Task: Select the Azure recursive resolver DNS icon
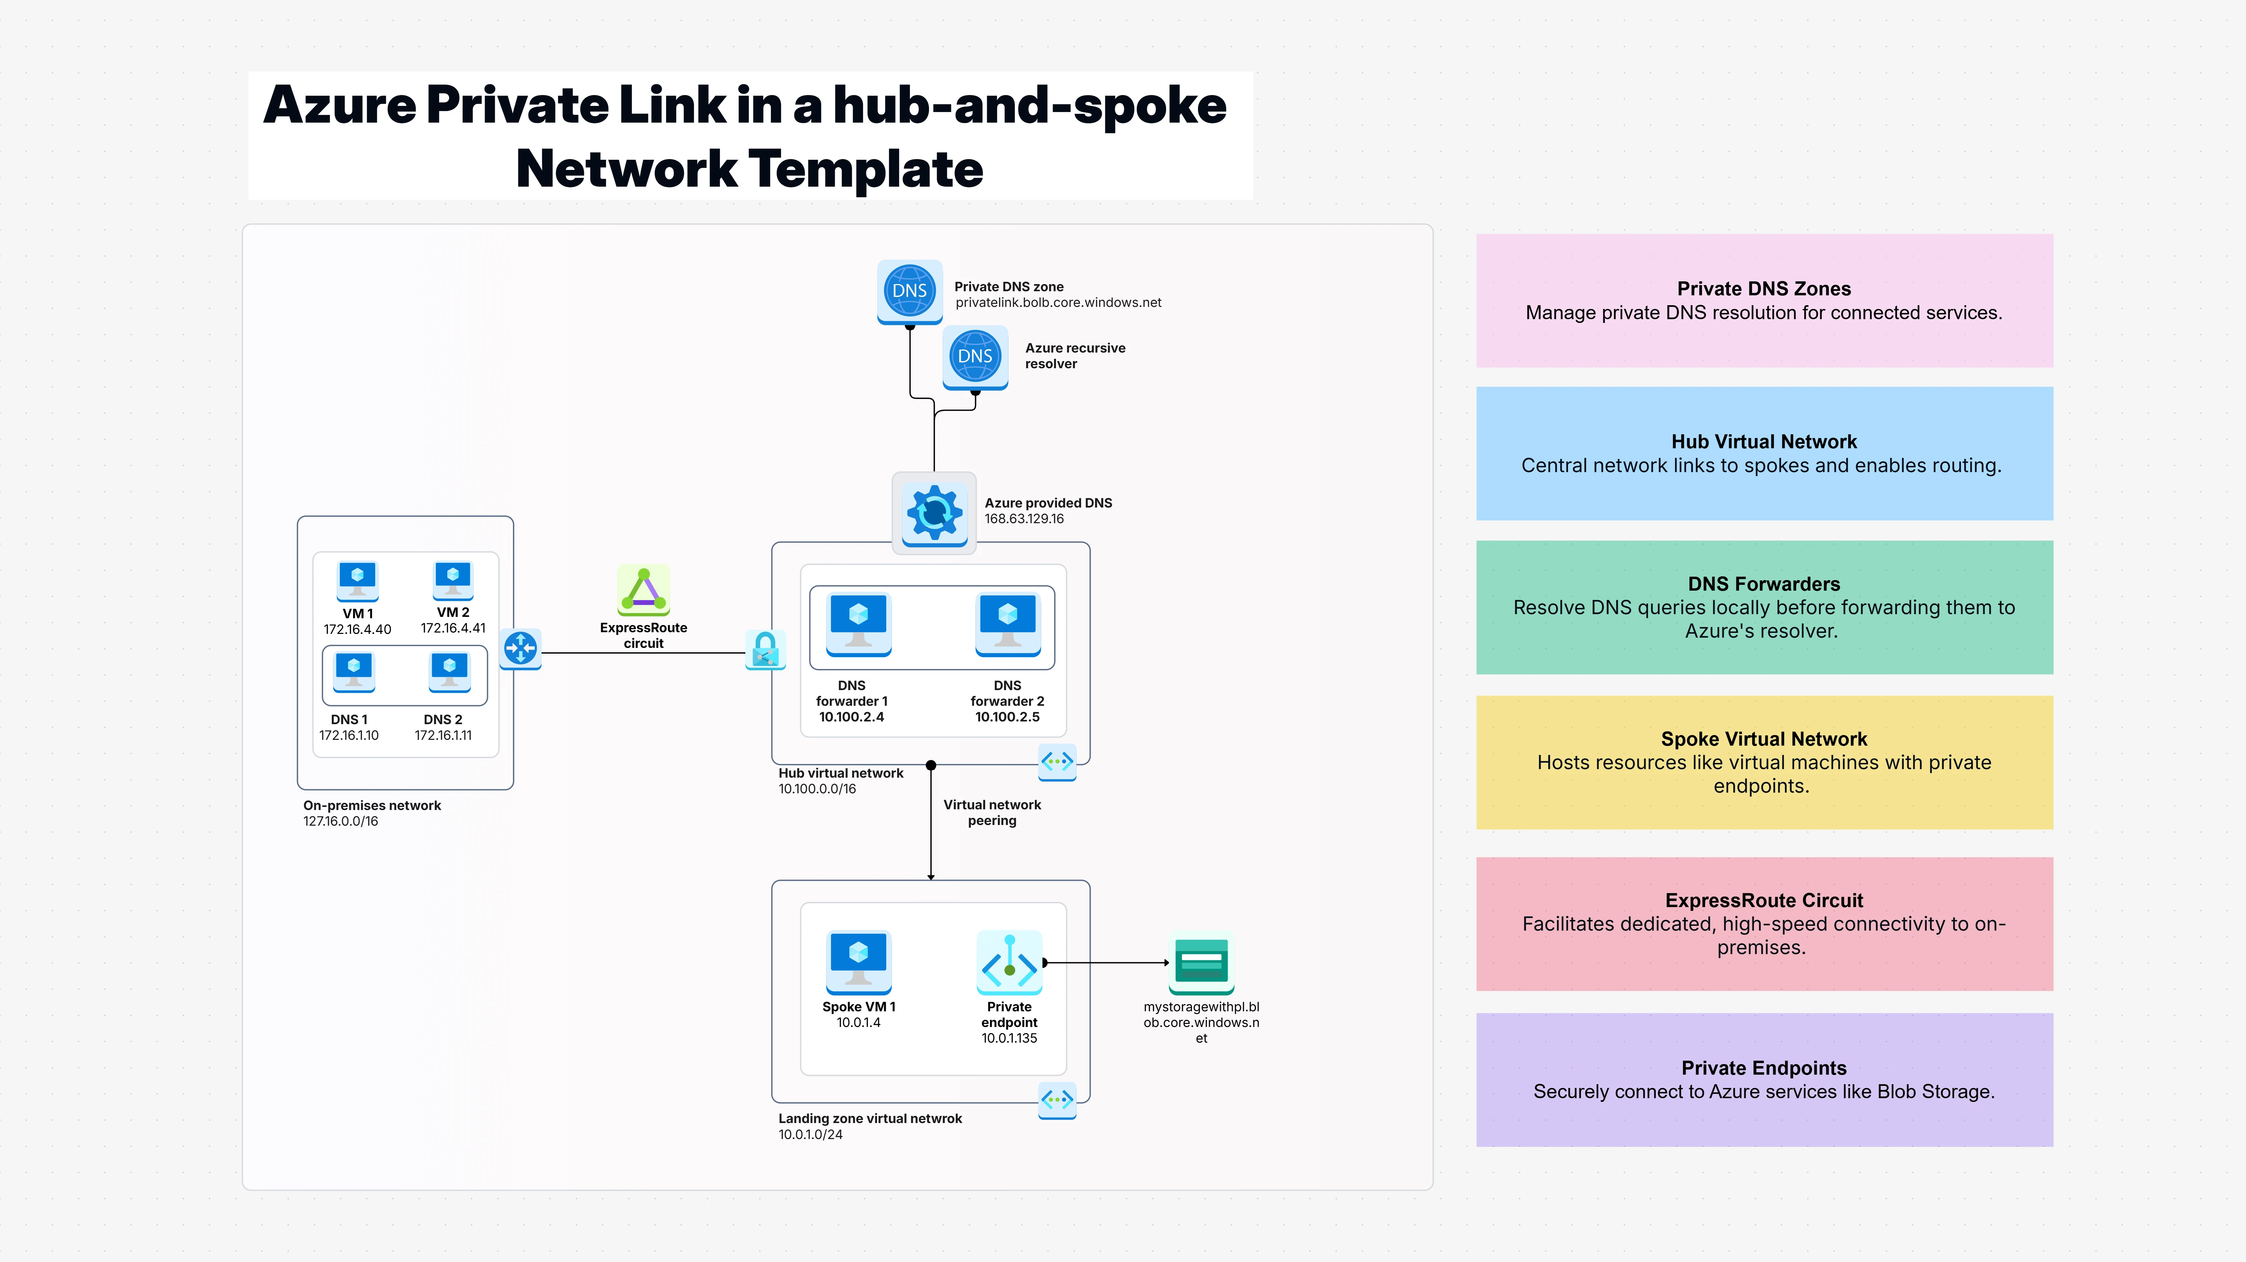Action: pyautogui.click(x=975, y=357)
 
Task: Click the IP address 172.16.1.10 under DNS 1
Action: pyautogui.click(x=349, y=736)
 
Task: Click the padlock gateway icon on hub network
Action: pyautogui.click(x=765, y=650)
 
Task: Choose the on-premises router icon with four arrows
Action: pyautogui.click(x=520, y=649)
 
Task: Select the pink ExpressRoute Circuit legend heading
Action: pyautogui.click(x=1763, y=900)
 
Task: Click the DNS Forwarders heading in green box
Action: pyautogui.click(x=1763, y=584)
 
